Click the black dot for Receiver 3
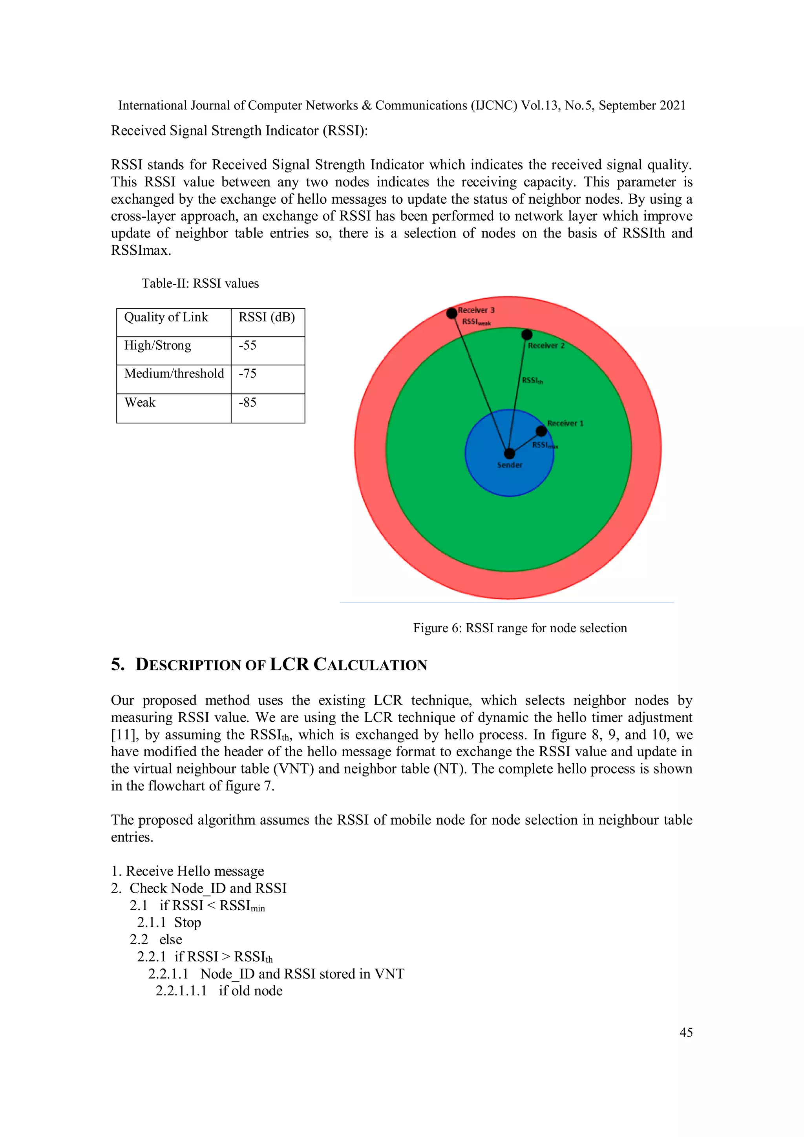[451, 313]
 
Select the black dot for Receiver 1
[541, 431]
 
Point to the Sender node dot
[509, 453]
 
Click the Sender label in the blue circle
[510, 465]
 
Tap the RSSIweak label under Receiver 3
[476, 322]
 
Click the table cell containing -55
[267, 350]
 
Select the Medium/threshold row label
[174, 374]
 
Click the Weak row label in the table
[140, 403]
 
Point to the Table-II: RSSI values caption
[200, 283]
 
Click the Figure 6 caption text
[520, 628]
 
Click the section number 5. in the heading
[118, 664]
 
